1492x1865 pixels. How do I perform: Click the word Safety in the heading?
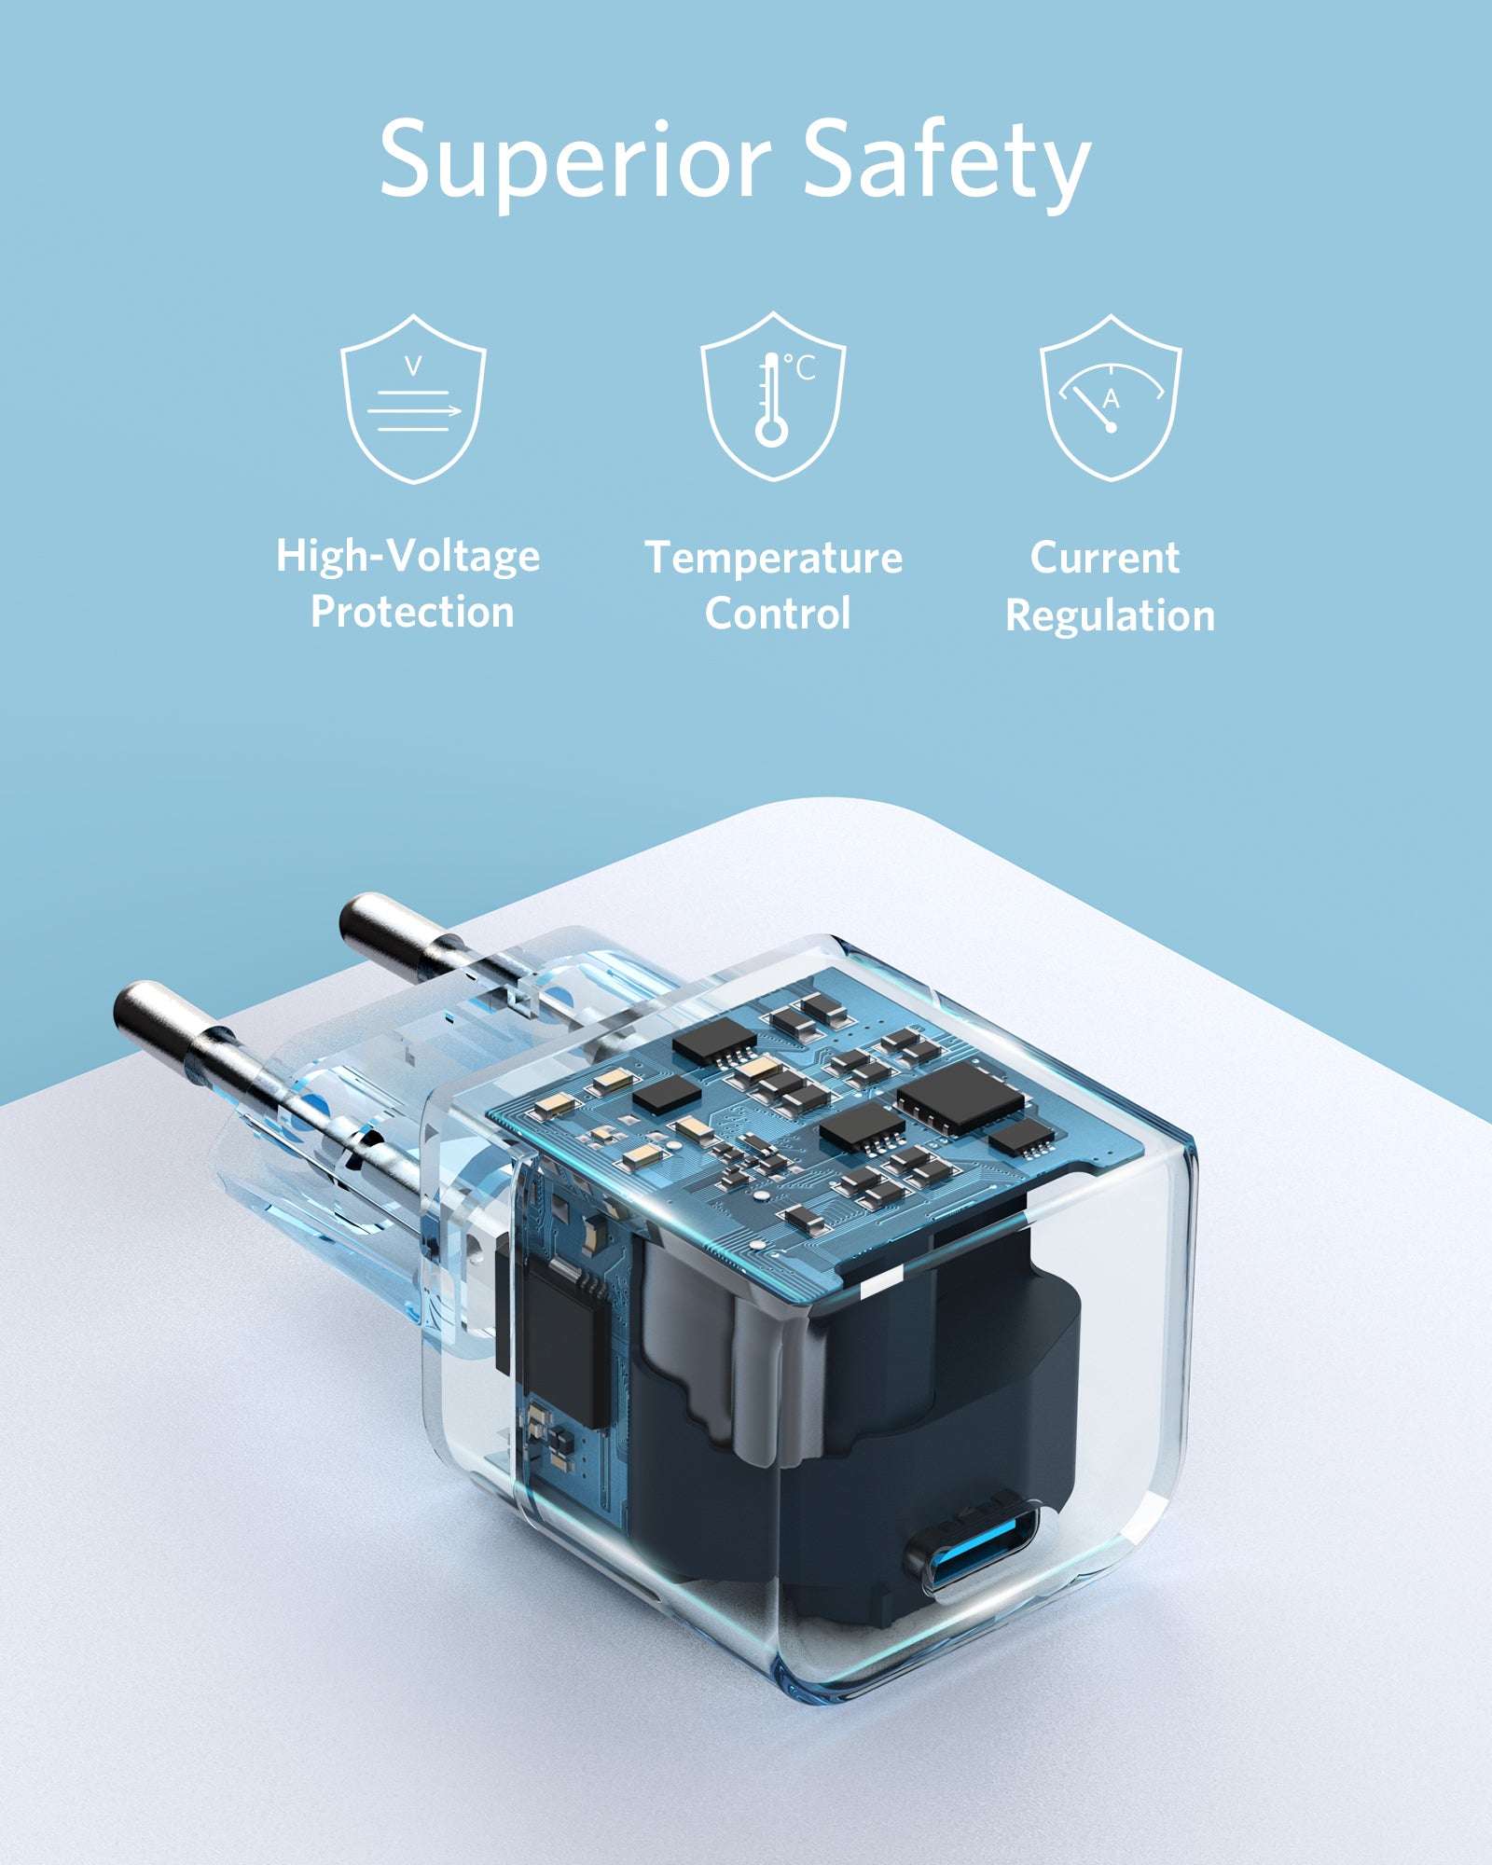(946, 161)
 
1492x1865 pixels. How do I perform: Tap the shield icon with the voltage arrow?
(413, 398)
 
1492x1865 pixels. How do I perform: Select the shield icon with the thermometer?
(773, 396)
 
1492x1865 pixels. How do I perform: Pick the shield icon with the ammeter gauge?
(1111, 397)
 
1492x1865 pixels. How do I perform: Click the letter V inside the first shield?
(413, 366)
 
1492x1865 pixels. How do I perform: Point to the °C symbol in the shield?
(799, 367)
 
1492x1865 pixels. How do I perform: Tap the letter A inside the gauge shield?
(1111, 399)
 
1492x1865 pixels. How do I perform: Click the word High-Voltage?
(408, 557)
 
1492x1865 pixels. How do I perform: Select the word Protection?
(412, 612)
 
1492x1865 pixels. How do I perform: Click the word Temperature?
(774, 559)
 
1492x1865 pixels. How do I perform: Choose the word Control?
(778, 614)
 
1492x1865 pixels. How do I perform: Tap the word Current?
(1105, 558)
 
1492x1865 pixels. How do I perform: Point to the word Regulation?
(1111, 615)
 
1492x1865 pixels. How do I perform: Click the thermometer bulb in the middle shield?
(772, 432)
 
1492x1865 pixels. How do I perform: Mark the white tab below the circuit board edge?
(881, 1284)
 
